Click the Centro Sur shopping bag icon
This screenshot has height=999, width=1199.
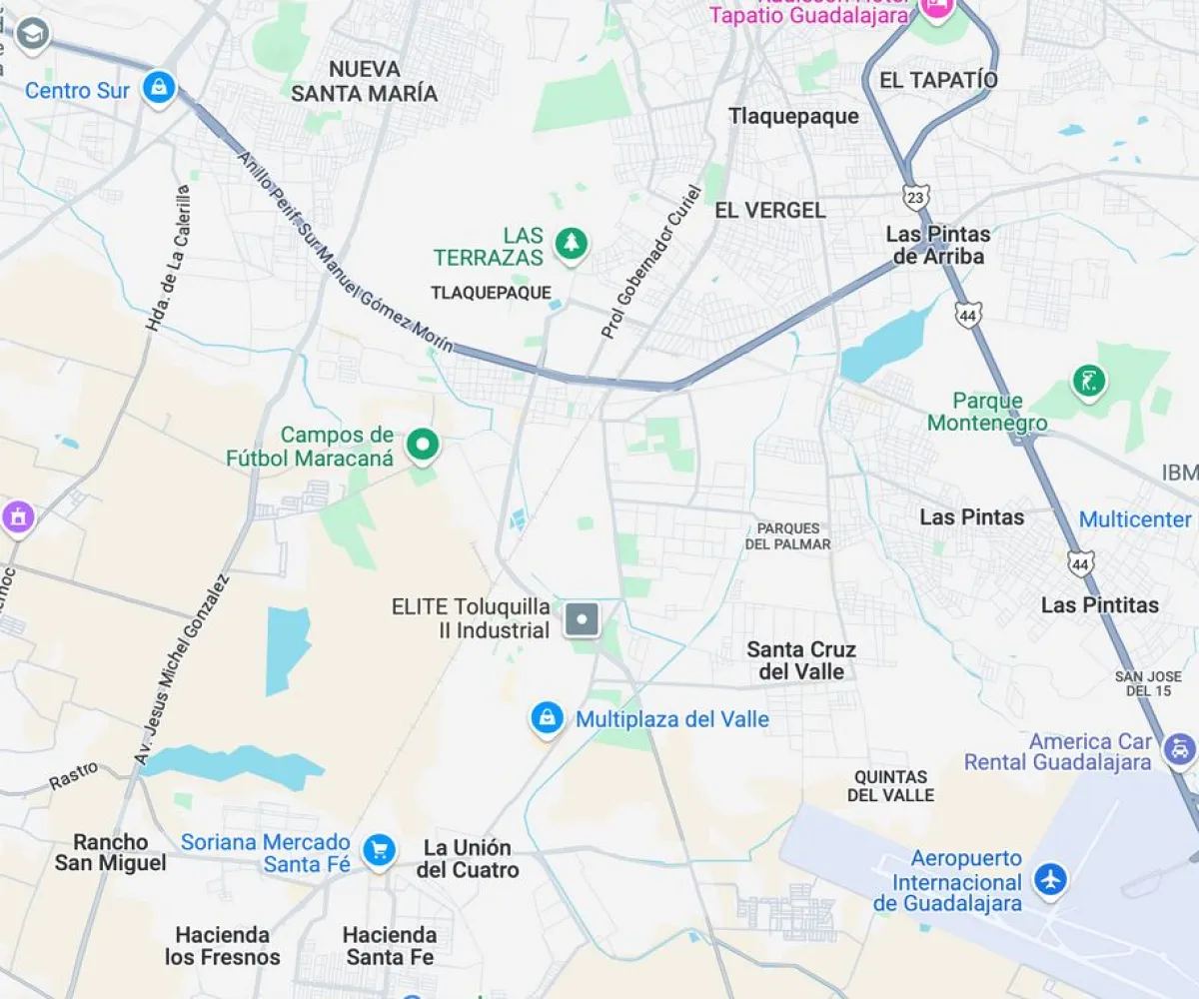(159, 87)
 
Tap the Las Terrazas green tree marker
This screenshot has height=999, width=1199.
(571, 243)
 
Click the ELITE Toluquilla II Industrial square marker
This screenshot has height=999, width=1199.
(582, 619)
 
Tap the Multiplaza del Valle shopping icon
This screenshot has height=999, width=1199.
(547, 717)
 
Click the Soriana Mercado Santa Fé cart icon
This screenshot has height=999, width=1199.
(379, 850)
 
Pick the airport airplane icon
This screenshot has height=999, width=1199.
(1050, 880)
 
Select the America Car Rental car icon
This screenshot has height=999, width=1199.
(1180, 747)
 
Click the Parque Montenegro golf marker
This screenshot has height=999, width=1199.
(1088, 381)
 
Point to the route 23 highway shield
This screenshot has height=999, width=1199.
(913, 197)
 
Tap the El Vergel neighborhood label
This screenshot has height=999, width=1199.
(770, 210)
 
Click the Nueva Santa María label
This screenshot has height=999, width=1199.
(365, 81)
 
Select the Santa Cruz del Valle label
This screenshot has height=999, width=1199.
(801, 660)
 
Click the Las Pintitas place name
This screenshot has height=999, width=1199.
(1100, 604)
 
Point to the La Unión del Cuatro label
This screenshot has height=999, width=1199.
(468, 858)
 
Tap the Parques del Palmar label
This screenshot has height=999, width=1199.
(788, 535)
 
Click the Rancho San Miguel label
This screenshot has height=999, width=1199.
(110, 852)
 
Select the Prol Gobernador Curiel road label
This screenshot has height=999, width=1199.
(652, 262)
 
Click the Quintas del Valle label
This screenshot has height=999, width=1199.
(891, 785)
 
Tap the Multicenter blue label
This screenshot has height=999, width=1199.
(1135, 519)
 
